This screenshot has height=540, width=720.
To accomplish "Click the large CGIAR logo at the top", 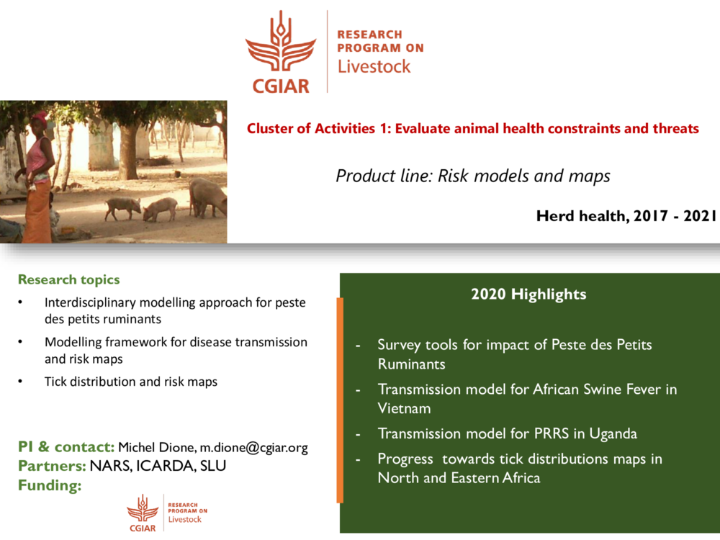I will pos(281,52).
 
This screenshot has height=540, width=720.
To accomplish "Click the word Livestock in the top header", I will pos(374,67).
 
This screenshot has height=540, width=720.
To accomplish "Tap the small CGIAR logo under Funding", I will pos(143,513).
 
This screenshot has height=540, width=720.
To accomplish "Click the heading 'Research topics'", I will pos(68,279).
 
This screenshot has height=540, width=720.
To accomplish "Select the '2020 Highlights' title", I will pos(528,294).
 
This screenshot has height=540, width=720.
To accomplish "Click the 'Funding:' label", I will pos(49,486).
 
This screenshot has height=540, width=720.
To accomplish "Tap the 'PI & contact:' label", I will pos(66,448).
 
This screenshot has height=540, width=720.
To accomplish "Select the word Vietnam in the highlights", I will pos(404,408).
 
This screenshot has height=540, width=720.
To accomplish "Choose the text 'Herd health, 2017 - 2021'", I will pos(626,215).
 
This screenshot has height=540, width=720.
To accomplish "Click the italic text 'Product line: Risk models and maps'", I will pos(472,176).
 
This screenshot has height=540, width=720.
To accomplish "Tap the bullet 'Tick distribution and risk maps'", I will pos(130,382).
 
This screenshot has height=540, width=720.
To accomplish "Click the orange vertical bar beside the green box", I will pos(340,400).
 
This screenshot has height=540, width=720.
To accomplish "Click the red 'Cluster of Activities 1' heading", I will pos(472,129).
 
